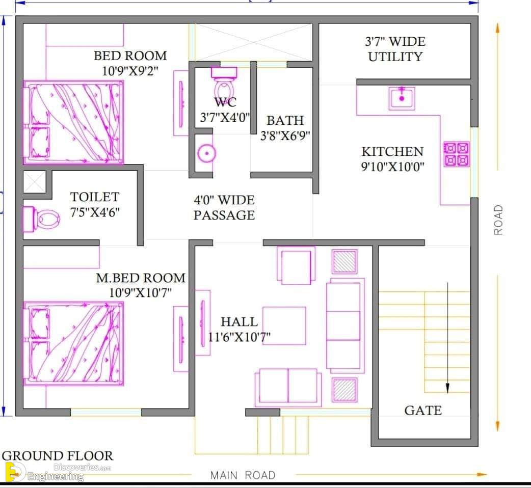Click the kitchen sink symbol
point(402,98)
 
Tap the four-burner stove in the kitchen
point(457,154)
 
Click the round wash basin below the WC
point(206,153)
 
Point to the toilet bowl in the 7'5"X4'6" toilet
point(42,220)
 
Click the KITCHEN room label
point(392,152)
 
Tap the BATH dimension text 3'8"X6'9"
point(285,136)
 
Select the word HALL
point(239,321)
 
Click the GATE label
point(423,411)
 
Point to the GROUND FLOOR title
point(58,456)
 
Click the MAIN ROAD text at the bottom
point(243,475)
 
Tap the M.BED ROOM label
point(141,278)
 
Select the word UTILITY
point(395,57)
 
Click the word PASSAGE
point(224,215)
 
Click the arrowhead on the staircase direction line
point(448,388)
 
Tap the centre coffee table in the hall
point(284,326)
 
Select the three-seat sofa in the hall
point(345,326)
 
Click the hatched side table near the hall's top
point(344,261)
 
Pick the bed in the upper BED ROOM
point(73,122)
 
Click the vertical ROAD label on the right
point(498,220)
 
